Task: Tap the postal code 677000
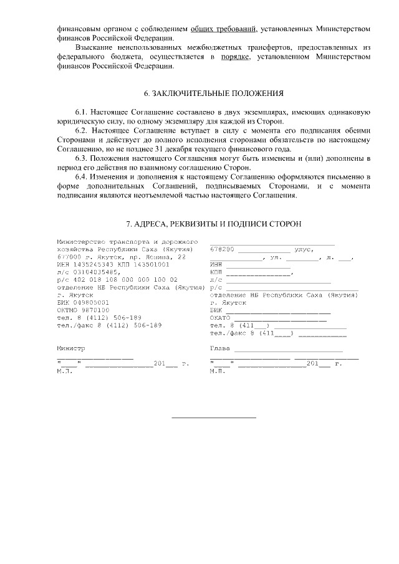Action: coord(69,256)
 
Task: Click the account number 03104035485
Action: coord(93,272)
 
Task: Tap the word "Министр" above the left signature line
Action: coord(70,349)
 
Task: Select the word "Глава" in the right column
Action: coord(221,349)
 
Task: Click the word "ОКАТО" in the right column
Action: coord(221,317)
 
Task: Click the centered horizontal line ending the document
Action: coord(214,417)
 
